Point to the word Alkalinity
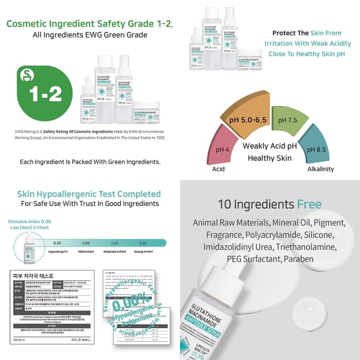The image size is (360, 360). (320, 169)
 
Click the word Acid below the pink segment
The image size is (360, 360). (219, 169)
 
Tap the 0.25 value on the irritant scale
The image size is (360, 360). (57, 243)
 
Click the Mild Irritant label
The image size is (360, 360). (85, 252)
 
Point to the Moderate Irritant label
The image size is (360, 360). (114, 252)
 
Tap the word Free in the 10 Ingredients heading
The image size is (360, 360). (309, 205)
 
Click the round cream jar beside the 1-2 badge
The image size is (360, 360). (146, 112)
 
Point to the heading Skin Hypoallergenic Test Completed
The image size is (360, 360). (89, 194)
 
